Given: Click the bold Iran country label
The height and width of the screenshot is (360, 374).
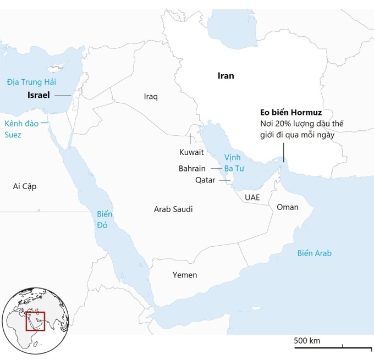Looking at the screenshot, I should [226, 76].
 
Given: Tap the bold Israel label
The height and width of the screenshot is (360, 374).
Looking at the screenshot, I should [38, 95].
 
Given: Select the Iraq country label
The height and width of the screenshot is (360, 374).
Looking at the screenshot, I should [151, 97].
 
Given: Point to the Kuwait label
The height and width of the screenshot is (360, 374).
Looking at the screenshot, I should [191, 152].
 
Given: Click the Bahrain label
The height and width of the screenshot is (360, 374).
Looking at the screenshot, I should [192, 168].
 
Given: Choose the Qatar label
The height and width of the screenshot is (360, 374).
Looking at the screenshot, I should [205, 180].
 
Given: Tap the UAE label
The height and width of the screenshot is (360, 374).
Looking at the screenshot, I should [252, 197].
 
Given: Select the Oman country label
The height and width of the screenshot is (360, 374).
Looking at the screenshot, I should [288, 207].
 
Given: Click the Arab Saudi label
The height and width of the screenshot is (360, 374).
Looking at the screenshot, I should [173, 209].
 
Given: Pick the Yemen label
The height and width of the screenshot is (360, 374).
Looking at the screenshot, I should [184, 275].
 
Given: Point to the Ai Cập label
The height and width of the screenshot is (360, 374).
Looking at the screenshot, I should [25, 186].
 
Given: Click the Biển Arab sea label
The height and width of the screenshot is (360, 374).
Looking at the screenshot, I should [314, 253].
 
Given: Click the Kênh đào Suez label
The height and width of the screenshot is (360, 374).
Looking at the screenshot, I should [22, 129].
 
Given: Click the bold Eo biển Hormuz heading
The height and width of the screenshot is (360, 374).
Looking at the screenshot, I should [291, 113].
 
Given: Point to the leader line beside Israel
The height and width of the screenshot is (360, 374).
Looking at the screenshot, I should [62, 96].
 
